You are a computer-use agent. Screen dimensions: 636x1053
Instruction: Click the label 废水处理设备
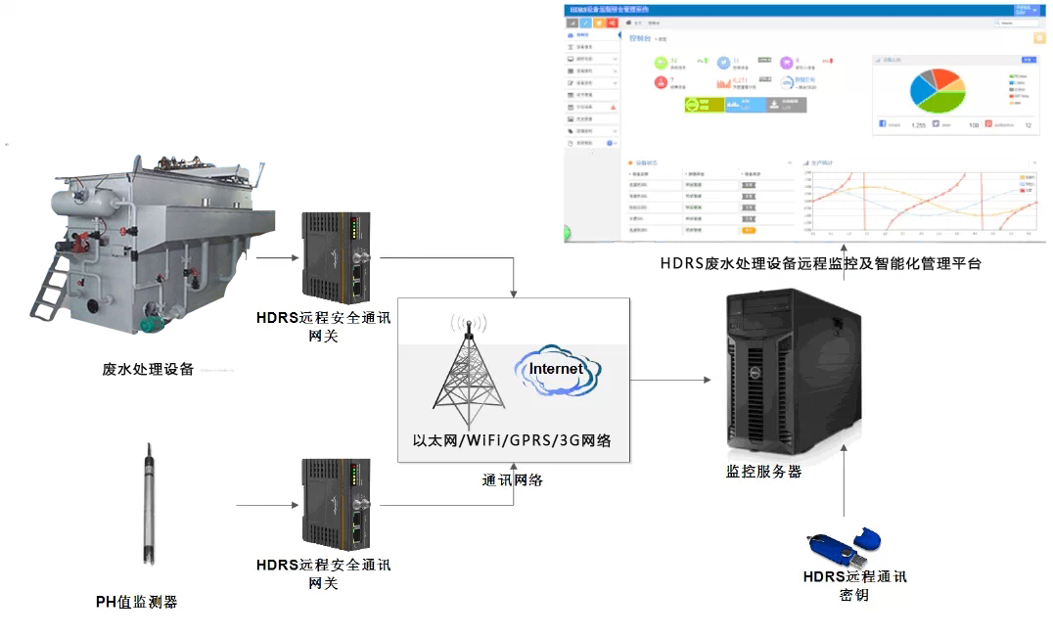(x=148, y=370)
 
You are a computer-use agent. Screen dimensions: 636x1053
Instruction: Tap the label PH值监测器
(x=137, y=602)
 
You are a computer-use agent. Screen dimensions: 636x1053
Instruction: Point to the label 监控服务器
(x=763, y=471)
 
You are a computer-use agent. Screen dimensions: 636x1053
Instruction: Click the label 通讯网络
(x=513, y=479)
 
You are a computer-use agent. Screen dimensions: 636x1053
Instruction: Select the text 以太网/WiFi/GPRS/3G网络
(x=513, y=441)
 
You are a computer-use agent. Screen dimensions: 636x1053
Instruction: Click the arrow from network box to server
(x=670, y=379)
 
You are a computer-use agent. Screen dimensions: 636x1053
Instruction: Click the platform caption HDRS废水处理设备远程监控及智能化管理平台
(x=820, y=263)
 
